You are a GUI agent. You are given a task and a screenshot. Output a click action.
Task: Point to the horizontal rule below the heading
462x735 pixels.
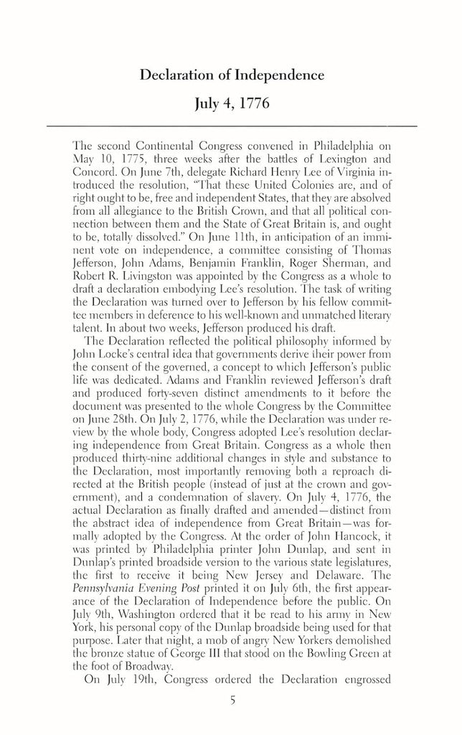tap(231, 126)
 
